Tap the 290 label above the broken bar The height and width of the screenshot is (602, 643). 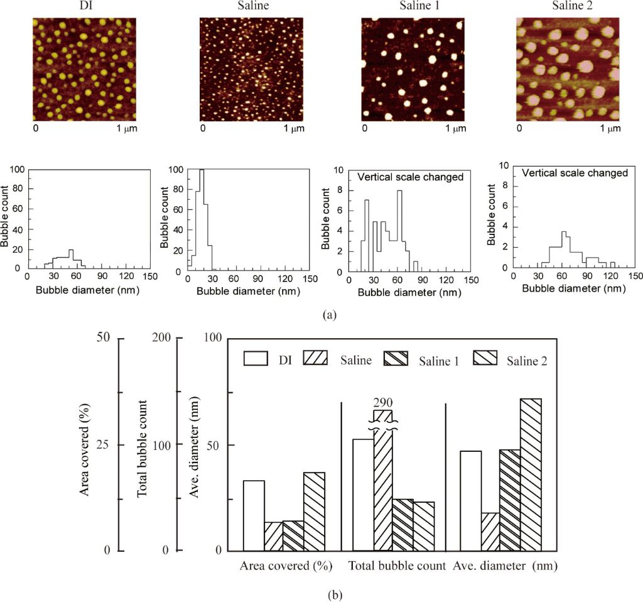382,402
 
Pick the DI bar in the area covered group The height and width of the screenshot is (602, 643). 254,515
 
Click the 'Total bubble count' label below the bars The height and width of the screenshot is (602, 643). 397,566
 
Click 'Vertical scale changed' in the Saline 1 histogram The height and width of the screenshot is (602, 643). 410,177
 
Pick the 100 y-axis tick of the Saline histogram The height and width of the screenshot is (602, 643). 178,170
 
